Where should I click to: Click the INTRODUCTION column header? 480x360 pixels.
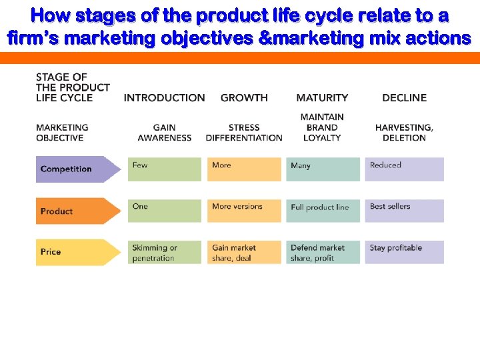click(164, 98)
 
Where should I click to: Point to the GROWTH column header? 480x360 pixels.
click(244, 98)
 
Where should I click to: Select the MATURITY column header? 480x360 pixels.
click(322, 98)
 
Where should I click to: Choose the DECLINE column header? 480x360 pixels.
click(404, 98)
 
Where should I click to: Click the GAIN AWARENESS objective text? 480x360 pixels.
click(164, 133)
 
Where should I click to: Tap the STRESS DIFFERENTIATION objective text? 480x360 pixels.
click(244, 133)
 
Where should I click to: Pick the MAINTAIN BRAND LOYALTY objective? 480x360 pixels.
click(322, 127)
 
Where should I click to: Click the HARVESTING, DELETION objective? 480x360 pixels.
click(404, 133)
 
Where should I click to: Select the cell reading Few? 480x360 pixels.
click(164, 169)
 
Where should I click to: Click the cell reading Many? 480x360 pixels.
click(323, 169)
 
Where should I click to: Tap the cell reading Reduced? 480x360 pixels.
click(404, 169)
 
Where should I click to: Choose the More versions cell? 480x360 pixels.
click(244, 211)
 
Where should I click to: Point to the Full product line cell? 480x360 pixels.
click(323, 211)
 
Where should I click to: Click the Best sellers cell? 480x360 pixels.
click(404, 211)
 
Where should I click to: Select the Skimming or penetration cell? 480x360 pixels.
click(164, 253)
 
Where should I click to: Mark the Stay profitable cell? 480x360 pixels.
click(404, 252)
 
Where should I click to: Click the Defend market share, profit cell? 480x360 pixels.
click(323, 253)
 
